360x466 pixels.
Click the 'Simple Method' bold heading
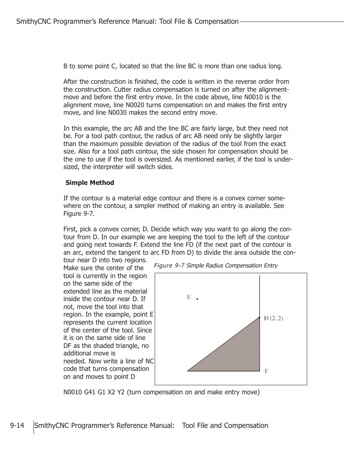tap(89, 183)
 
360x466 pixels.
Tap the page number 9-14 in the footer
tap(17, 426)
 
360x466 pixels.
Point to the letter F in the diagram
tap(266, 371)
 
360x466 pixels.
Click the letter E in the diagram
tap(189, 297)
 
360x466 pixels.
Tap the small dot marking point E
tap(197, 299)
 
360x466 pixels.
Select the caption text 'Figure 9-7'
tap(169, 266)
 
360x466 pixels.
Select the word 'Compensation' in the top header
tap(217, 22)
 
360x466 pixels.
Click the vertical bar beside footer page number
tap(34, 427)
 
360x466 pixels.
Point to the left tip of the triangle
tap(188, 371)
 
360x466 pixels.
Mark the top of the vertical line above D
tap(260, 276)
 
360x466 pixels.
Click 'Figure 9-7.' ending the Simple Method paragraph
tap(78, 214)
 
